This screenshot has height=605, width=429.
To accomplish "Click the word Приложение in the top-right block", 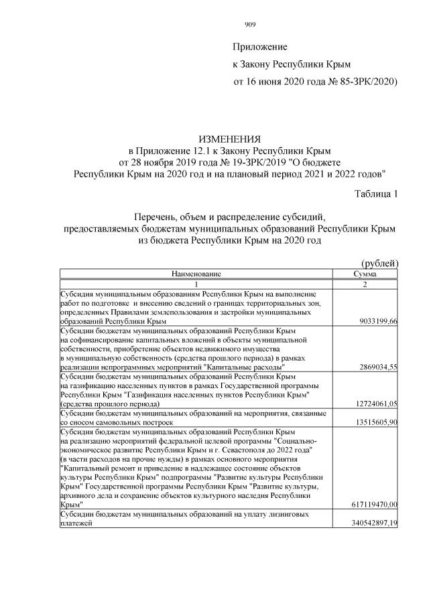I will tap(259, 48).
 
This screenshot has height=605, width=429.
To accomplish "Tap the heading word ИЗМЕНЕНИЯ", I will tap(230, 139).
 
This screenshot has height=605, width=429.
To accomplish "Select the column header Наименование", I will tap(196, 274).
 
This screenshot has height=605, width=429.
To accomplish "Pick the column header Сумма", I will tap(365, 274).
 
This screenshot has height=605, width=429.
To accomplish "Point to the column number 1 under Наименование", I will tap(196, 284).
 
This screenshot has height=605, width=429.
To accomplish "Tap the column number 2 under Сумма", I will tap(365, 284).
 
